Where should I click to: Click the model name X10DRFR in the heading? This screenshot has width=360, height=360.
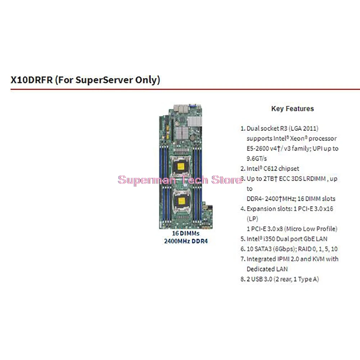32,80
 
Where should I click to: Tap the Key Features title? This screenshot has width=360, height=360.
292,109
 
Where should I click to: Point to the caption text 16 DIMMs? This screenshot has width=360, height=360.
185,234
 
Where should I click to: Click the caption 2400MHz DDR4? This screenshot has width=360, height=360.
185,241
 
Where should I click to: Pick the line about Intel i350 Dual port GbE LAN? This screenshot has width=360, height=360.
287,239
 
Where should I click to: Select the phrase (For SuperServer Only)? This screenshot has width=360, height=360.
108,80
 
